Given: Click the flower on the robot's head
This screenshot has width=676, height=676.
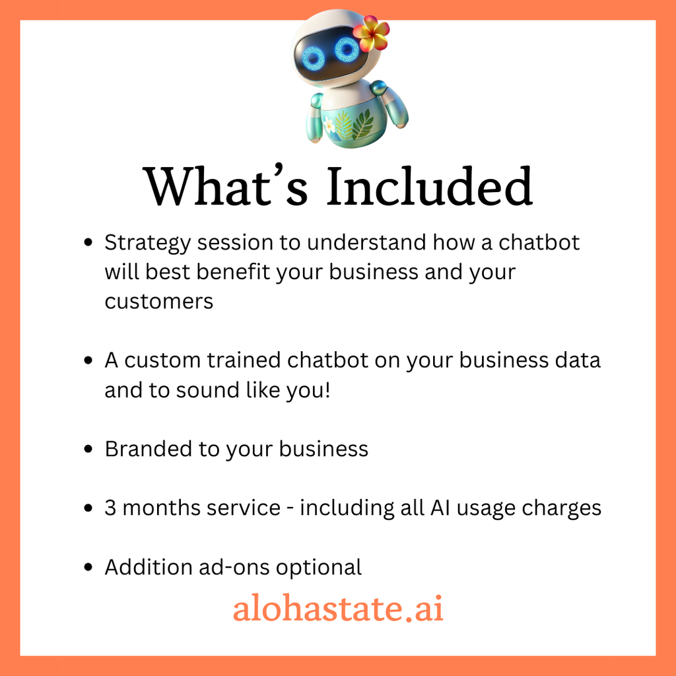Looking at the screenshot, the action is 371,33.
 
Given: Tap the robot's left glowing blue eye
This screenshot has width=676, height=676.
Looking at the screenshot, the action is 313,58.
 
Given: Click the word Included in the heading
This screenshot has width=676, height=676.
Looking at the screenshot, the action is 429,186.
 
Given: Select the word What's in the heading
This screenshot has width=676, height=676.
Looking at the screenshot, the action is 226,186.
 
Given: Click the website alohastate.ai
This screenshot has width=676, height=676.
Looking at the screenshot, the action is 338,607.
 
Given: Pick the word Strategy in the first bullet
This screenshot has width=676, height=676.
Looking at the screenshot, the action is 147,244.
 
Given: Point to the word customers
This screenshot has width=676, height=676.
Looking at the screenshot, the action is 158,301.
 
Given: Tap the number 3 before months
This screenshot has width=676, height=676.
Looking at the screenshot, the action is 110,508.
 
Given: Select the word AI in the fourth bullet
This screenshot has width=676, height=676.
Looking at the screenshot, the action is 440,508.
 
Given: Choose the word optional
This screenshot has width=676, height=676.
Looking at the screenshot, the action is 319,568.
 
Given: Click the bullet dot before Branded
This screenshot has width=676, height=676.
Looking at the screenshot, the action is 88,449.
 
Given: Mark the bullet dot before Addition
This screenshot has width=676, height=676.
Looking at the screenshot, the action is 88,567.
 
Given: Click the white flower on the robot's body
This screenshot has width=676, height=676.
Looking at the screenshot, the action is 329,125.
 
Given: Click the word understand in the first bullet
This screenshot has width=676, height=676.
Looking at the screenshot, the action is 366,242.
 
